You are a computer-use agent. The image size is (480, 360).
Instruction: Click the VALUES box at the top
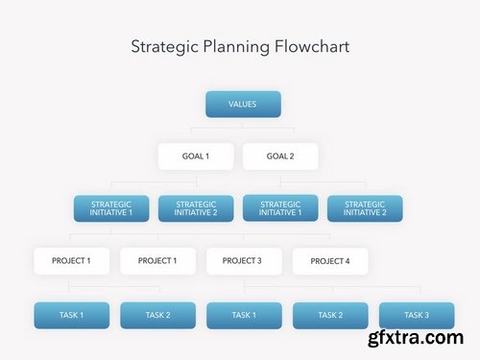pos(243,104)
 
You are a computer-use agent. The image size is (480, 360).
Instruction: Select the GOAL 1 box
pos(196,156)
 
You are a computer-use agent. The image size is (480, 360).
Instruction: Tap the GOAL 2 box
pos(279,156)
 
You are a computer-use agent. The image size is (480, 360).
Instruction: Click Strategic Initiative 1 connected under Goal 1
pos(111,208)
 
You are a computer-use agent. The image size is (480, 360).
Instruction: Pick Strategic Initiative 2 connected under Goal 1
pos(196,208)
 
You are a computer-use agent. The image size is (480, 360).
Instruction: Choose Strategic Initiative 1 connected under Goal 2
pos(280,208)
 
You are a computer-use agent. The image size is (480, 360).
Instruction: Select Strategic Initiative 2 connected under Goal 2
pos(365,208)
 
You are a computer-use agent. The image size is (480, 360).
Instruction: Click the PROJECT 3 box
pos(244,260)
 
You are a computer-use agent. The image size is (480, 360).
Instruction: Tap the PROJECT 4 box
pos(329,261)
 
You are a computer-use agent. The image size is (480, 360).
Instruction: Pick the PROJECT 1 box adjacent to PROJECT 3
pos(157,260)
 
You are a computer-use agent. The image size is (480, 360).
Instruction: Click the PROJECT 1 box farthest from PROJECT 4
pos(71,260)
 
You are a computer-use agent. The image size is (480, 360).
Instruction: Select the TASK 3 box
pos(416,315)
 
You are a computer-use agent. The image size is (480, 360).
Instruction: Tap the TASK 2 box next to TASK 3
pos(330,315)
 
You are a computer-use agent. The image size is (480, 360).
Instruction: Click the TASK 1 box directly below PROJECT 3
pos(244,315)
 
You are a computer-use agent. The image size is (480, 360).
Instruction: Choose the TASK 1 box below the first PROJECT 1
pos(71,315)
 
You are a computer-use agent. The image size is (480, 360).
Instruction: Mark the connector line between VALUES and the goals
pos(243,128)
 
